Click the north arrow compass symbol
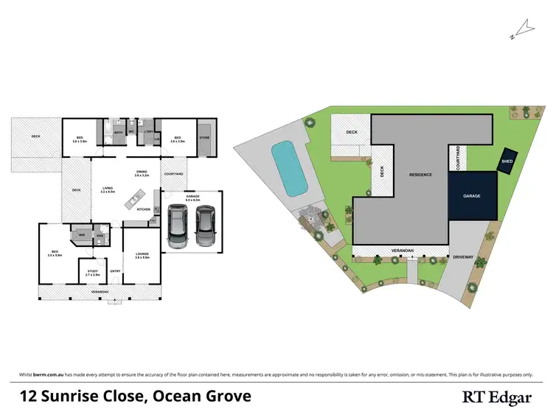(525, 29)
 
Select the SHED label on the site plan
(507, 161)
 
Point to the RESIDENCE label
(420, 175)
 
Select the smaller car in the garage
(204, 226)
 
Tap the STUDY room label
(92, 272)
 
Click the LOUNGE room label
(142, 255)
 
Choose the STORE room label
(204, 136)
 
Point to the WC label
(131, 132)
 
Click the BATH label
(118, 132)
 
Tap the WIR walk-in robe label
(82, 236)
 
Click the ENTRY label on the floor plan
(116, 271)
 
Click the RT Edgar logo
(497, 397)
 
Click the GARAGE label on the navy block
(472, 197)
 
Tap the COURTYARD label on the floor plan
(173, 174)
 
